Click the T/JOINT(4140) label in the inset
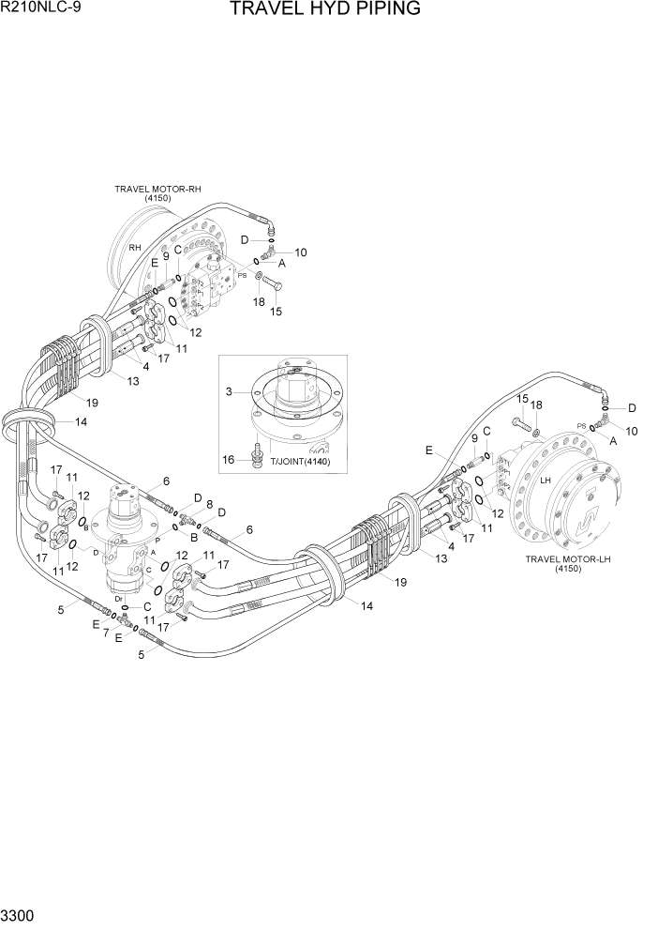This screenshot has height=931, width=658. coord(299,461)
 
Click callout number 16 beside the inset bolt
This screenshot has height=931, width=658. coord(229,458)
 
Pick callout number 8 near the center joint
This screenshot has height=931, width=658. coord(209,504)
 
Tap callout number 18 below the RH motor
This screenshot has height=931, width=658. coord(258,301)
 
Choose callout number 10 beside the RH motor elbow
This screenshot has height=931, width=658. coord(301,252)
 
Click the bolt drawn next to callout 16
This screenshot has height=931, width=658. coord(255,456)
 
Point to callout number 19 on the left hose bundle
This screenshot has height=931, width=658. coord(92,403)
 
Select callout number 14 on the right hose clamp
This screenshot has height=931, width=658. coord(366,605)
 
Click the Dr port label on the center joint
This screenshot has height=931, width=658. coord(118,598)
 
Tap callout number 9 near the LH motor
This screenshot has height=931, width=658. coord(474,439)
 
